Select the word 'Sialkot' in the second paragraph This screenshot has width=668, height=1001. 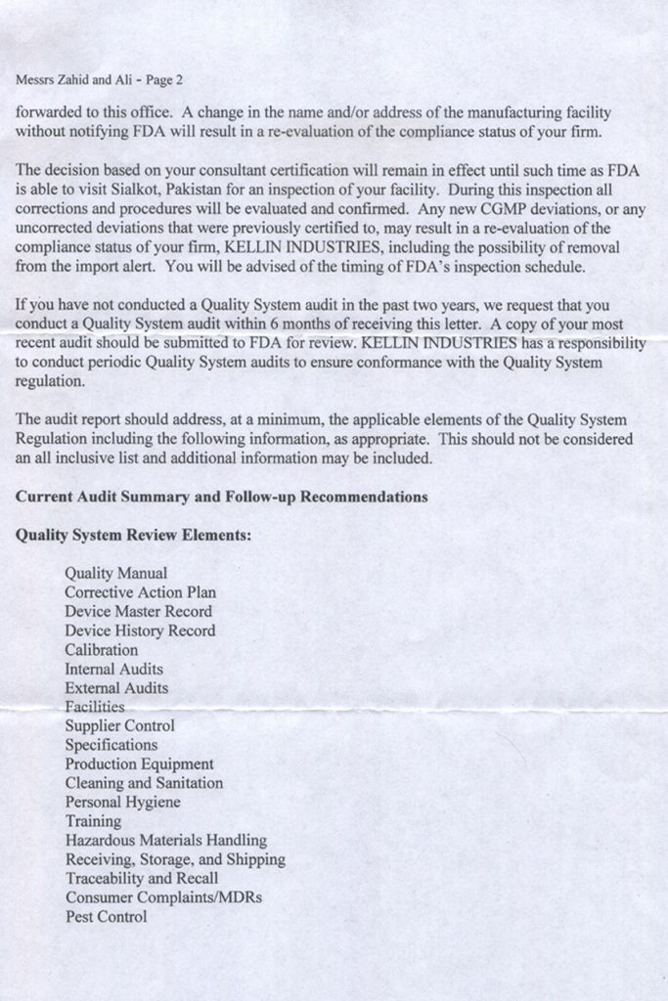click(x=148, y=188)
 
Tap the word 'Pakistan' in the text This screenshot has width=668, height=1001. click(x=210, y=188)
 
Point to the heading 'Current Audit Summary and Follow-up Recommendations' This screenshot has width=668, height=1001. click(x=221, y=497)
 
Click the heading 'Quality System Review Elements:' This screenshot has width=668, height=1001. click(x=133, y=536)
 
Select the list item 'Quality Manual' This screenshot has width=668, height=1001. click(x=115, y=573)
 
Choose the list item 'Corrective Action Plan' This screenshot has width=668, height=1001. click(x=140, y=592)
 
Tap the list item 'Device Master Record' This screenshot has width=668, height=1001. click(x=138, y=611)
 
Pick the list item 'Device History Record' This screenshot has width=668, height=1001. click(x=140, y=631)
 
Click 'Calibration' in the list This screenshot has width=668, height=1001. click(x=101, y=650)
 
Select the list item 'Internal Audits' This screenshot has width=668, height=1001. click(x=113, y=669)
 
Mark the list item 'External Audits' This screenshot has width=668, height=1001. click(x=115, y=688)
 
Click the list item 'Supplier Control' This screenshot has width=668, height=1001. click(x=119, y=726)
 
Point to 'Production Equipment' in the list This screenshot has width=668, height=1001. click(x=139, y=764)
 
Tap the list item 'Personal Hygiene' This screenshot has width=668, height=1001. click(x=122, y=803)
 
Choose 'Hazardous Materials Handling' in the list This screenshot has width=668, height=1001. click(x=165, y=841)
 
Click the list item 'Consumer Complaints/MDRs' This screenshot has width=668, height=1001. click(x=163, y=897)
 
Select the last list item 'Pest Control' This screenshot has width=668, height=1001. click(x=106, y=917)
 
